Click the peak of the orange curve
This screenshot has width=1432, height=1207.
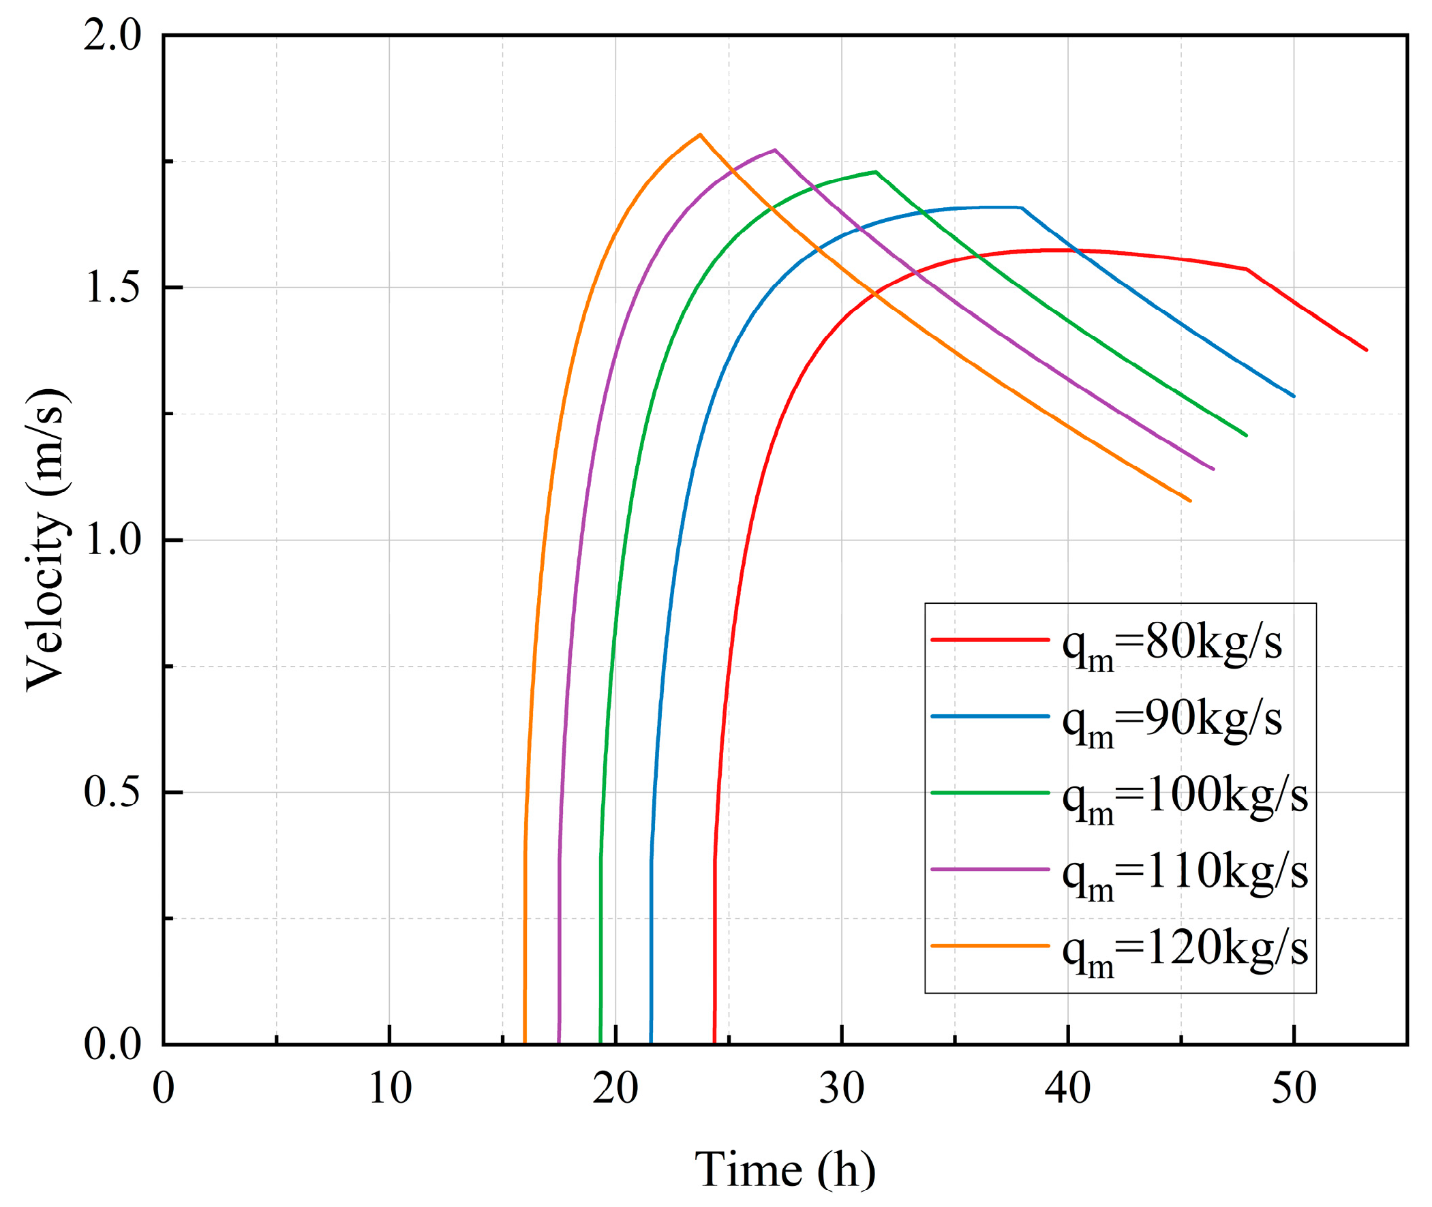tap(699, 134)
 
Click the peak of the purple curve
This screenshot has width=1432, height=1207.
tap(774, 150)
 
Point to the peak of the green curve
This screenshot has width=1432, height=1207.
tap(876, 172)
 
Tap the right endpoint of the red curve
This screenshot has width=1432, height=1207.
tap(1367, 350)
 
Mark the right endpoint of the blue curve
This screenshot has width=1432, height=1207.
tap(1294, 396)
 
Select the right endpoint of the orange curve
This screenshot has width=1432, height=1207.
tap(1191, 501)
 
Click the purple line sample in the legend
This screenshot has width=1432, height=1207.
tap(990, 869)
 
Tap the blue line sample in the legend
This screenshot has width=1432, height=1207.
tap(990, 716)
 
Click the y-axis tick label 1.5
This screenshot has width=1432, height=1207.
tap(112, 288)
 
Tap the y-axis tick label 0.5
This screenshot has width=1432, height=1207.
tap(112, 793)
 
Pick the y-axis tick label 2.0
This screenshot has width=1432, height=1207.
tap(112, 35)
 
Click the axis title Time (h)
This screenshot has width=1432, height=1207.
tap(784, 1170)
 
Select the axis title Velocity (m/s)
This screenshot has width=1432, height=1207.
tap(46, 540)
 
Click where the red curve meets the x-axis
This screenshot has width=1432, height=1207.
tap(714, 1044)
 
